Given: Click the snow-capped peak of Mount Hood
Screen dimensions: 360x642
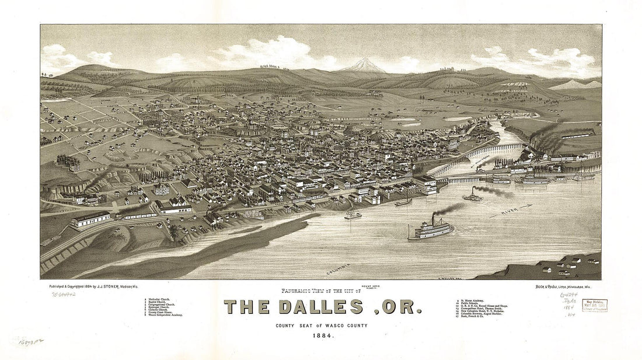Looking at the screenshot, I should (363, 63).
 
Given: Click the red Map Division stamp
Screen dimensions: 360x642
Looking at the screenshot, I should (594, 305).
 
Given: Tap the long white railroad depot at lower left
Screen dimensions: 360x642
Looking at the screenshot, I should (89, 220).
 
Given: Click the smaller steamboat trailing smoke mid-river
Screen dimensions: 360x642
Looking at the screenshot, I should (473, 197).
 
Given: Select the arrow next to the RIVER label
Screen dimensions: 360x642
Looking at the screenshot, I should (525, 205).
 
